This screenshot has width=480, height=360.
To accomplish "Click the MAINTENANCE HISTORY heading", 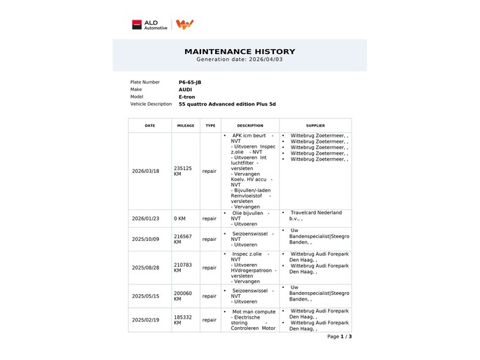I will (240, 52).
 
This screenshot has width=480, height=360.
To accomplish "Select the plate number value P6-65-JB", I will (190, 82).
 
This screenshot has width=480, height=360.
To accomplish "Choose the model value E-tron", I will (186, 97).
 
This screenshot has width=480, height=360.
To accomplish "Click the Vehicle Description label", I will (151, 104).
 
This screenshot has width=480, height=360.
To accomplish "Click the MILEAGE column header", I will (186, 125).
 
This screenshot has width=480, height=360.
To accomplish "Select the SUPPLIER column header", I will (315, 125).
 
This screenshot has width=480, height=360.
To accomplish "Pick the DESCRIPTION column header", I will (250, 125).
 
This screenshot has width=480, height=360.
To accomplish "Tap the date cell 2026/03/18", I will (146, 171).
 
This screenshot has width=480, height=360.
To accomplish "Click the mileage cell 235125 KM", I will (183, 171).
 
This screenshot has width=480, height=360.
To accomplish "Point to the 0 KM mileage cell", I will (180, 219).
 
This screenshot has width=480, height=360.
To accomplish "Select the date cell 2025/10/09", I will (146, 239).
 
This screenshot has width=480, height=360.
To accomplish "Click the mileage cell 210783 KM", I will (183, 268).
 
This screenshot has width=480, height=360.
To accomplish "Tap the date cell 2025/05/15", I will (146, 296).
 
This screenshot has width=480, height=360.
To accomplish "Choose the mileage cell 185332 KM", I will (183, 320).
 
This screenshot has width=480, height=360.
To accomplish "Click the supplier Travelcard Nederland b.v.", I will (316, 216).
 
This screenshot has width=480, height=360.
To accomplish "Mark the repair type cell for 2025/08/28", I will (210, 268).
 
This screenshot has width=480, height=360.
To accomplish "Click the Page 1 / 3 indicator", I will (339, 337).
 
